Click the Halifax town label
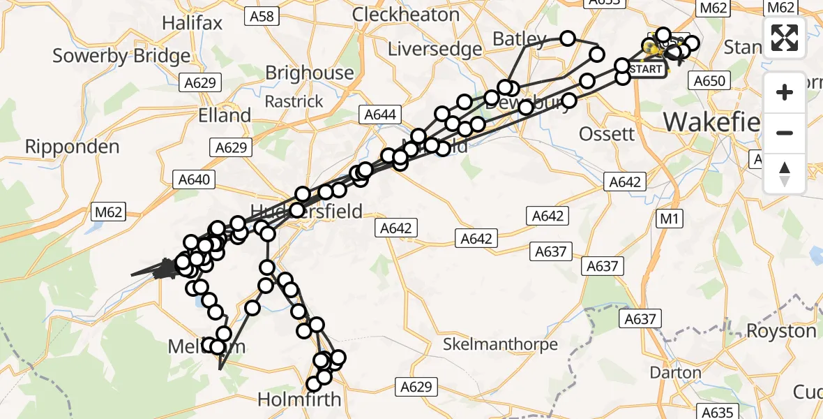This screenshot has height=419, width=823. coord(192,23)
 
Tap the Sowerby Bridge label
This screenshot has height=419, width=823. coord(121,56)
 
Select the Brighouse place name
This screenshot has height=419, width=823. coord(310,73)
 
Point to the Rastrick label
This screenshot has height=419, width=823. coord(294,101)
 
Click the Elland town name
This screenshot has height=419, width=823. coord(225,115)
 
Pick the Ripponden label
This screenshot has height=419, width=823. coord(73,147)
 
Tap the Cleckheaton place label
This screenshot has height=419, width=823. coord(406,15)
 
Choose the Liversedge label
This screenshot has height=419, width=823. coord(435,49)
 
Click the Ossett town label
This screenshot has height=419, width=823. coord(607,133)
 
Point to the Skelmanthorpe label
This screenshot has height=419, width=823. coord(501,344)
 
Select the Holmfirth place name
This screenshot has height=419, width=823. coord(299,400)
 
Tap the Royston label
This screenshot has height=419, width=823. coord(781,330)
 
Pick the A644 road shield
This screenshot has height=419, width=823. coord(379,115)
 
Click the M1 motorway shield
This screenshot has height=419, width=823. coord(669,219)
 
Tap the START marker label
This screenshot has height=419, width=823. coord(646,70)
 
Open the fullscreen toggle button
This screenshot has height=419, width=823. coord(785,38)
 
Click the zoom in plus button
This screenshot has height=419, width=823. coord(785,92)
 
